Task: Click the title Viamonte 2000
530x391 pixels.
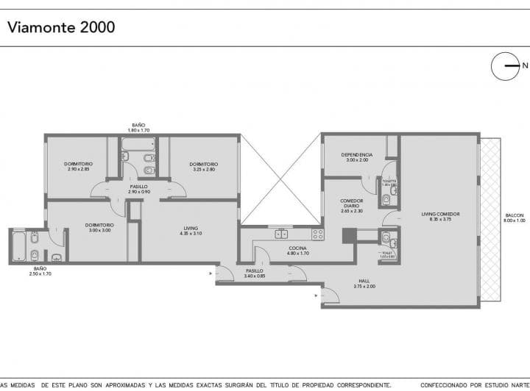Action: [x=61, y=28]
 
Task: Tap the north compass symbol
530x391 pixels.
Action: [x=506, y=66]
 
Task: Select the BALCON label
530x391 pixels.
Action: [x=514, y=218]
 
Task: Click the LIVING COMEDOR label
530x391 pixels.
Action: [x=440, y=216]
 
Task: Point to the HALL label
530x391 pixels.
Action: [x=364, y=284]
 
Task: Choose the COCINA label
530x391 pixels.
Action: [x=297, y=251]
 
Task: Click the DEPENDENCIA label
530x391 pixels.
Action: [x=357, y=157]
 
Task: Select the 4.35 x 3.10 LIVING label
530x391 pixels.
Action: [x=191, y=230]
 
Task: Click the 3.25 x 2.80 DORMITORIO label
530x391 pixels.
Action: [x=202, y=166]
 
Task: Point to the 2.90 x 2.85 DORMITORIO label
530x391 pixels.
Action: [x=77, y=166]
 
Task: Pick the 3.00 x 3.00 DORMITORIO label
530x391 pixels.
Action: [x=99, y=227]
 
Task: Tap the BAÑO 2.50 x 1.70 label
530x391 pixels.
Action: [x=40, y=271]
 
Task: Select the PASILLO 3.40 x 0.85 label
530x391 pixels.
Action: [x=255, y=273]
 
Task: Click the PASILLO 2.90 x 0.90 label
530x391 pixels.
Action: [x=138, y=190]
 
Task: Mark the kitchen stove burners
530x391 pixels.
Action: [x=317, y=234]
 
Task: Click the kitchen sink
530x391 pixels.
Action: [x=281, y=234]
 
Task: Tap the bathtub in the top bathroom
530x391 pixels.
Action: [x=138, y=144]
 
